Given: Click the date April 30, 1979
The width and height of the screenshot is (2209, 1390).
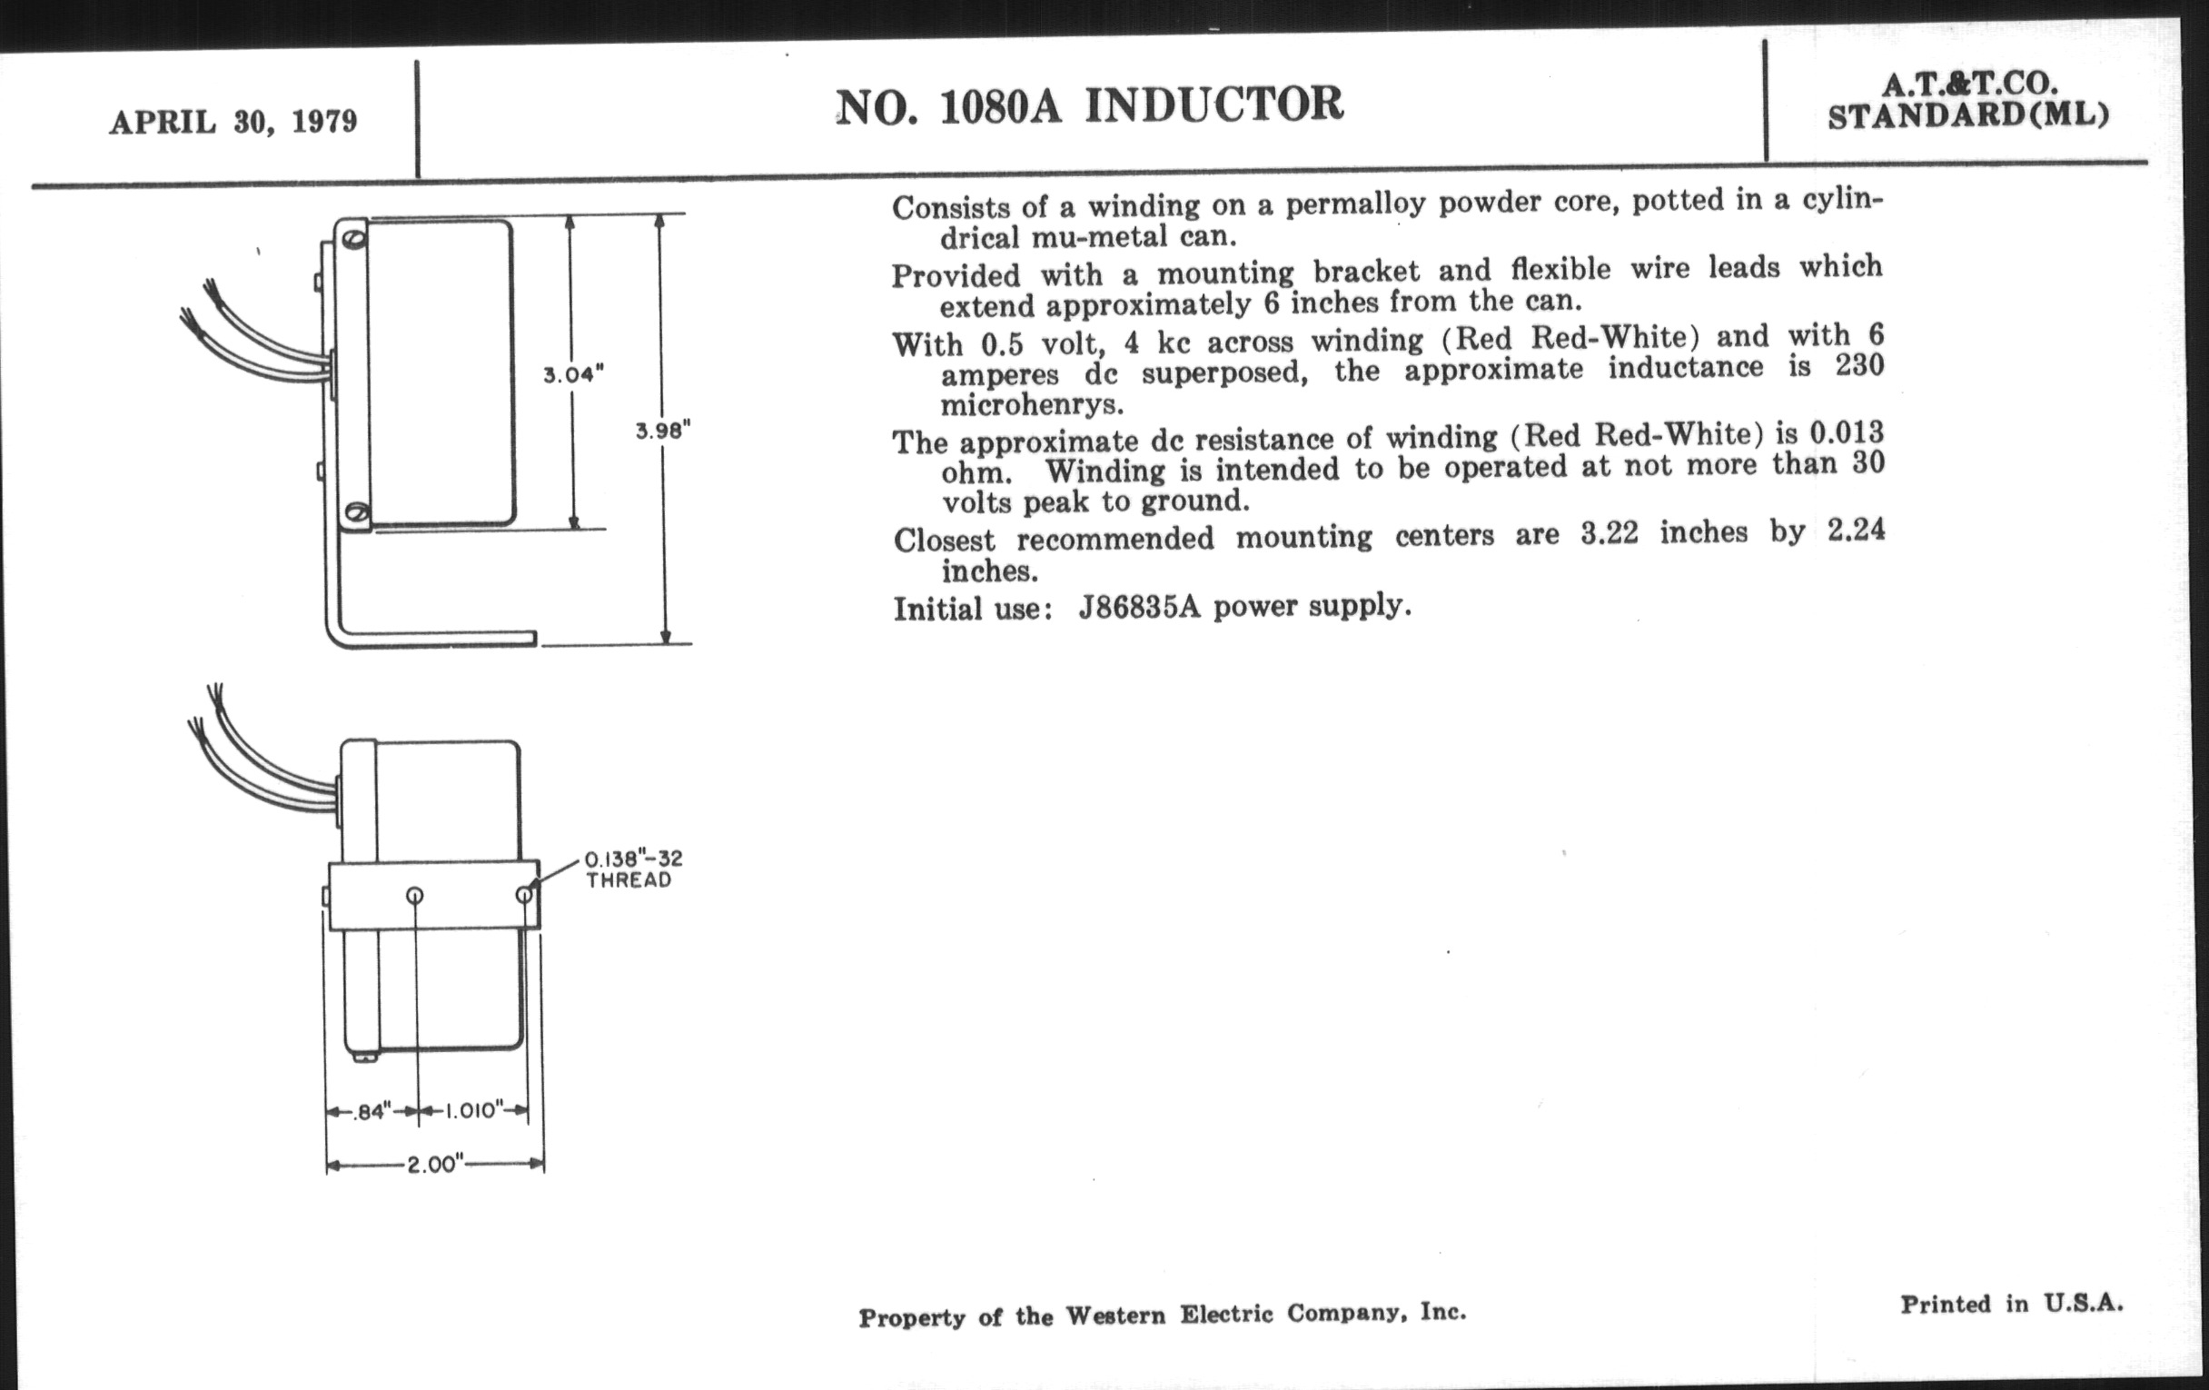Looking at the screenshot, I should pyautogui.click(x=233, y=122).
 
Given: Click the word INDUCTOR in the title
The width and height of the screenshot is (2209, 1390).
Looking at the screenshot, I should pyautogui.click(x=1213, y=104).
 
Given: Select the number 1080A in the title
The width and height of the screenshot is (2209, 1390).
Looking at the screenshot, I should pyautogui.click(x=1000, y=107).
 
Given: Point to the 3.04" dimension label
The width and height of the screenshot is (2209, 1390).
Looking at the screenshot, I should pyautogui.click(x=572, y=374).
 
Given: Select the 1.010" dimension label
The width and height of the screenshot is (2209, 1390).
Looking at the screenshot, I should pyautogui.click(x=474, y=1111).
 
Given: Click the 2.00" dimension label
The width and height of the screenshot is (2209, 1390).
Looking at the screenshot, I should pyautogui.click(x=432, y=1166).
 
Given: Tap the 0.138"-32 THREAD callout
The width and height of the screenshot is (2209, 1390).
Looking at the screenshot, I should pyautogui.click(x=633, y=869).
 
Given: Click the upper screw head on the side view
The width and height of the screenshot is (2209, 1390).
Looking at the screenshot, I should pyautogui.click(x=356, y=241).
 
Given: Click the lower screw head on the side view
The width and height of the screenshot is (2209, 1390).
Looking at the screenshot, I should pyautogui.click(x=358, y=512).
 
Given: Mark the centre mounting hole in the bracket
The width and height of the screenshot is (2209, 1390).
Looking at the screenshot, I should pyautogui.click(x=415, y=896).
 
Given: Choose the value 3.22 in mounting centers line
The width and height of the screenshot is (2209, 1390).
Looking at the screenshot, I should pyautogui.click(x=1609, y=533).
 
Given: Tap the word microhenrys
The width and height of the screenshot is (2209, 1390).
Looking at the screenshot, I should pyautogui.click(x=1032, y=403).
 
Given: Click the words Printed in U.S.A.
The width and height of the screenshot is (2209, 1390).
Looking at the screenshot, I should pyautogui.click(x=2011, y=1304).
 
